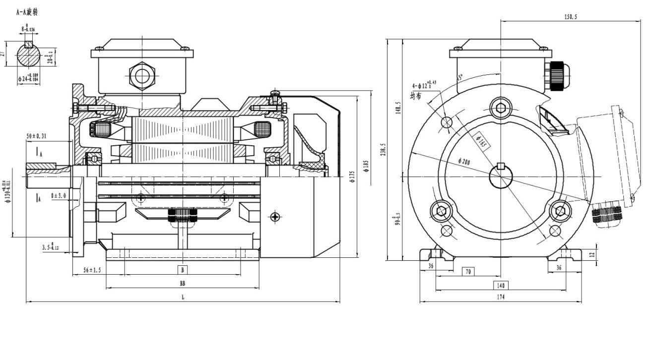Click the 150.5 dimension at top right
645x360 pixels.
coord(571,16)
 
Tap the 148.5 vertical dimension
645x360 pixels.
coord(397,108)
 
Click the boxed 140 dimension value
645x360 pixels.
coord(500,285)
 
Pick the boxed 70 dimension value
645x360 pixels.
coord(468,271)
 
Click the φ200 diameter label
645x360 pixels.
coord(465,162)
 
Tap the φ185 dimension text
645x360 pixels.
coord(367,166)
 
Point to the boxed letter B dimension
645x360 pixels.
coord(183,270)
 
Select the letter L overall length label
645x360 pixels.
coord(183,297)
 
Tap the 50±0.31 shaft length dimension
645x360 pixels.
coord(37,136)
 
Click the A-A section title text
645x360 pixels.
coord(27,11)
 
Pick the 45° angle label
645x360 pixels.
coord(459,78)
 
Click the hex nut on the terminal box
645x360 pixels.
coord(142,76)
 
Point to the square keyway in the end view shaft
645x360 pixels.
coord(501,166)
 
